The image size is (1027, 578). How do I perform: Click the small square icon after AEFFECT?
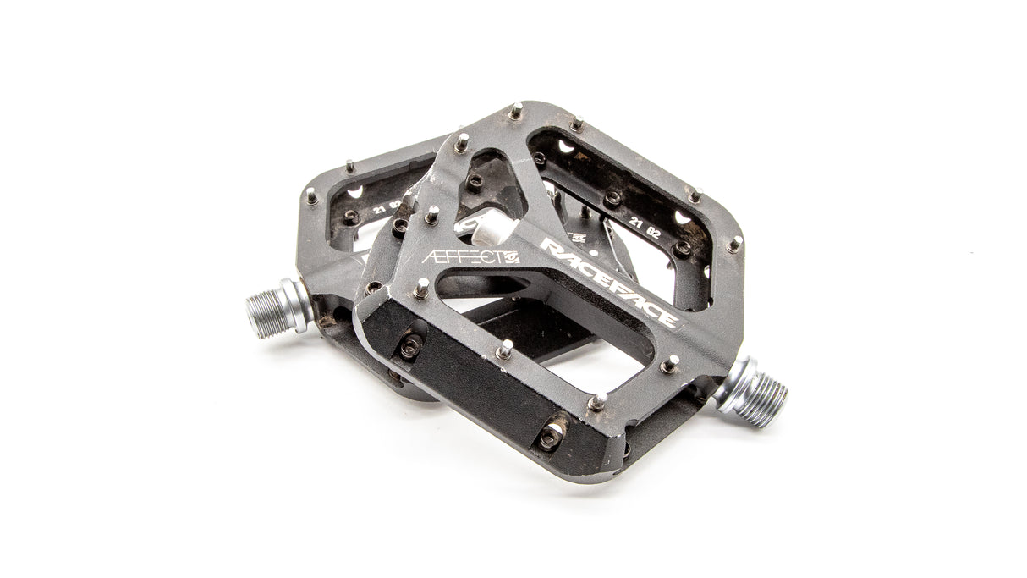[511, 258]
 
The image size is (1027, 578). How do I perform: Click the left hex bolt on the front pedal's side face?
[411, 345]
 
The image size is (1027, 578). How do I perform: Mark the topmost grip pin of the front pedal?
[515, 111]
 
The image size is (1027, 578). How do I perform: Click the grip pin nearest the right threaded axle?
[670, 363]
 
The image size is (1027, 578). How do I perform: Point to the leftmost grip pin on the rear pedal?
[311, 195]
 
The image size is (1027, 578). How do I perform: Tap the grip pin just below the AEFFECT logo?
[420, 289]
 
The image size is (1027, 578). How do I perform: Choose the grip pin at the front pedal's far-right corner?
[734, 244]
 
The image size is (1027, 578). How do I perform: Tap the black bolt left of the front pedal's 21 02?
[612, 199]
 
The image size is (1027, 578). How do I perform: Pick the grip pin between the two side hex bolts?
[505, 350]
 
